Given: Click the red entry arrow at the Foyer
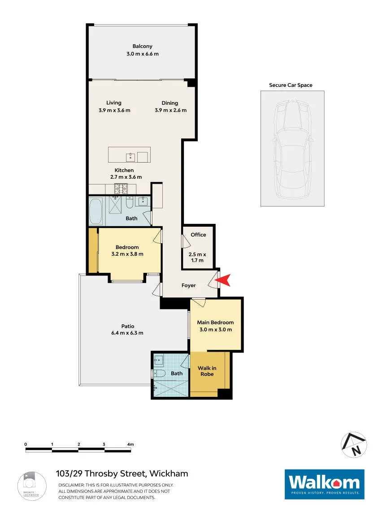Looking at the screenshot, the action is click(x=223, y=280).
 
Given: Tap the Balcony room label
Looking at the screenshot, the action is click(x=142, y=47).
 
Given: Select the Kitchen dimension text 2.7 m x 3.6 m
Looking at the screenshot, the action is click(x=126, y=177).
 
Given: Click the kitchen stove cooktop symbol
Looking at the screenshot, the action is click(x=121, y=189).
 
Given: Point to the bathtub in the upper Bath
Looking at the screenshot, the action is click(x=96, y=211).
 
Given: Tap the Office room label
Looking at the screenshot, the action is click(x=198, y=235).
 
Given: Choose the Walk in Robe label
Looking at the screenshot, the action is click(x=207, y=371).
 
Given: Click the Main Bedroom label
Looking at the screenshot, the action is click(x=215, y=322).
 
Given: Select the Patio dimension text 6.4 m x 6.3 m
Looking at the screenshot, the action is click(x=127, y=333).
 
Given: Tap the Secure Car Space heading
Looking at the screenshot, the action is click(x=291, y=85).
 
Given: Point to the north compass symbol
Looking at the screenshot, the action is click(x=354, y=445).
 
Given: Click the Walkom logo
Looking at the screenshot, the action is click(x=324, y=484).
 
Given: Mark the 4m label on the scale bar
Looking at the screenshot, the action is click(x=130, y=444).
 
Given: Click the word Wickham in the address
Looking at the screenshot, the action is click(x=169, y=473).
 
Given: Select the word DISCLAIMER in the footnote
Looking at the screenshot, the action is click(x=71, y=485).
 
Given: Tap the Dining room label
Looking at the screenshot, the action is click(x=170, y=103).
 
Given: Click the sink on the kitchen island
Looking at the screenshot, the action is click(x=130, y=157).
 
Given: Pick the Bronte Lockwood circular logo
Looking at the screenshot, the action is click(x=32, y=486).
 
